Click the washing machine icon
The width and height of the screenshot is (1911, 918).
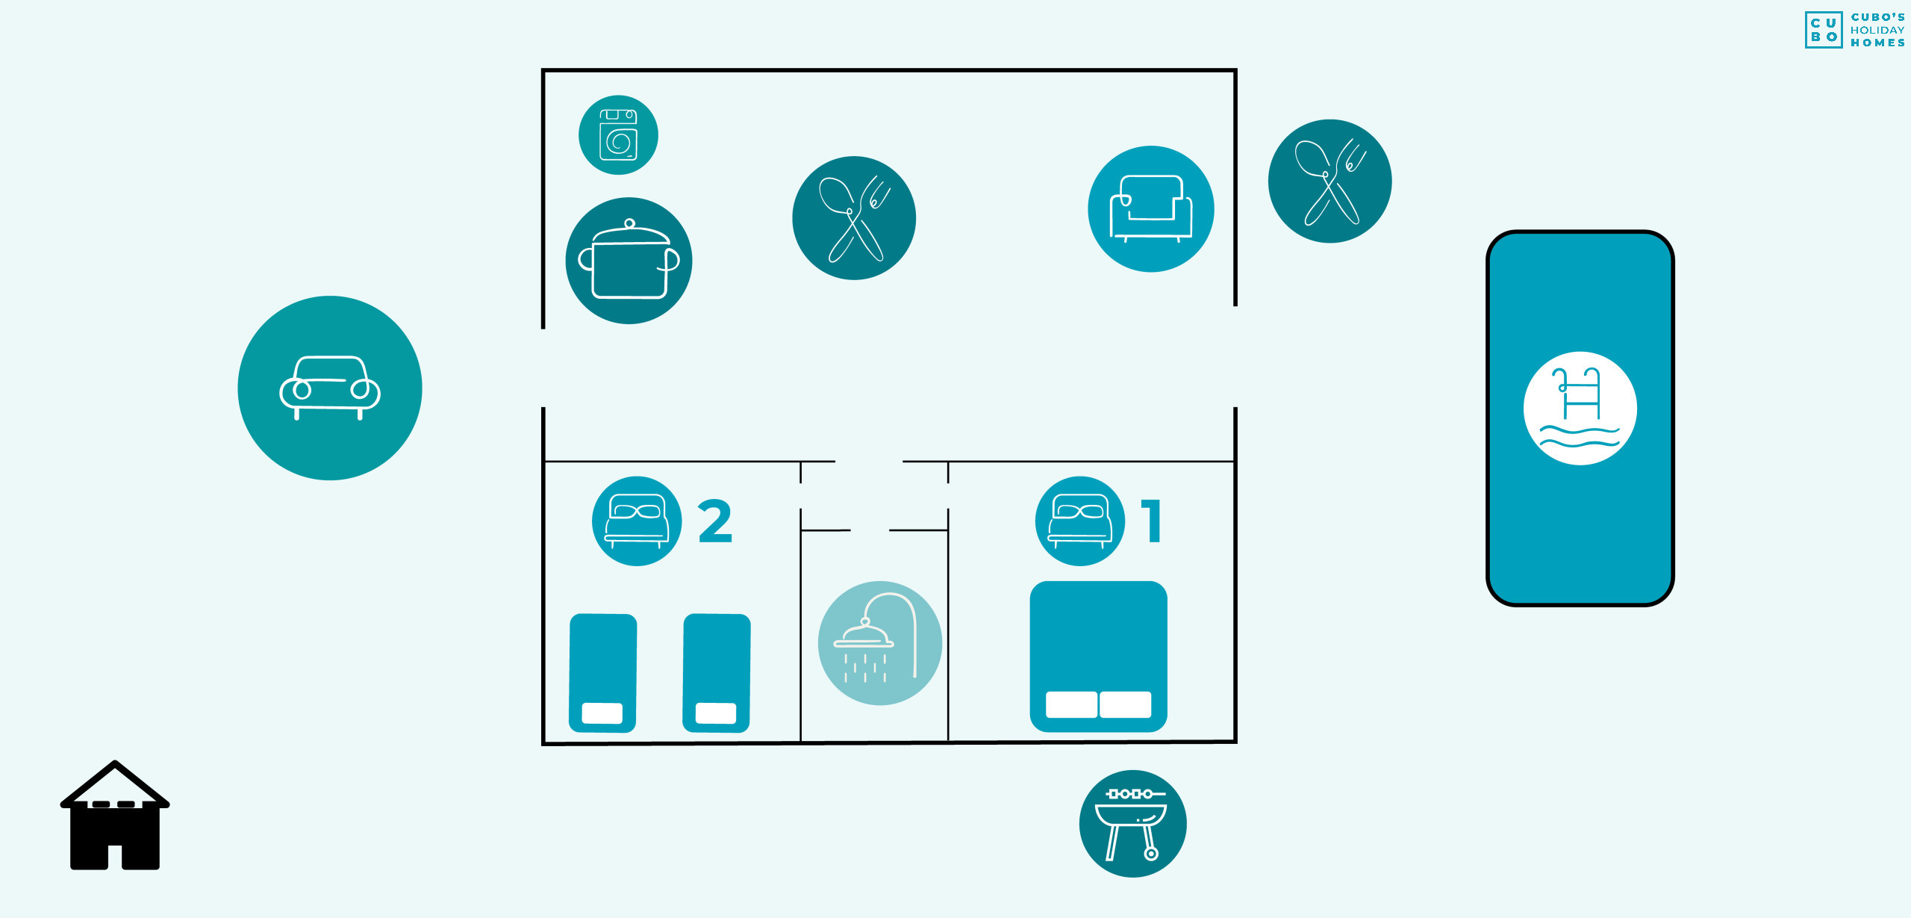(618, 135)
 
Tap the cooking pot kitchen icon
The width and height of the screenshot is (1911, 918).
(629, 261)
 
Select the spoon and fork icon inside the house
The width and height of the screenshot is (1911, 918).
(854, 218)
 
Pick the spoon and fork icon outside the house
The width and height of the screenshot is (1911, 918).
(1329, 181)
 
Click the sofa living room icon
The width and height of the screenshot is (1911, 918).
(1151, 209)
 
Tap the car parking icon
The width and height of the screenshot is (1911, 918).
(330, 388)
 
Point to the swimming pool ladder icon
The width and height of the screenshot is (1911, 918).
(1580, 409)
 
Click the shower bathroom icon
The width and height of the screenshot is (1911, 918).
(880, 643)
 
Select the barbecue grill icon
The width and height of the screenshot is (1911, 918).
(1133, 824)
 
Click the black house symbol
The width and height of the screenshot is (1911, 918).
(115, 816)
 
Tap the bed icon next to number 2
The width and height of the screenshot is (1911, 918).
(637, 521)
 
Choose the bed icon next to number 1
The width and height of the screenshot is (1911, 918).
(1080, 521)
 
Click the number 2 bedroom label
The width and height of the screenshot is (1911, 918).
(715, 521)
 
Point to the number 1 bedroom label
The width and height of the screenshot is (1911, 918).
(1152, 521)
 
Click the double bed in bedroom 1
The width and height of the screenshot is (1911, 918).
(1098, 657)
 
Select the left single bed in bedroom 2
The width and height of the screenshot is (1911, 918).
(602, 673)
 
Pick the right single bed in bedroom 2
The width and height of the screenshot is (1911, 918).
(717, 673)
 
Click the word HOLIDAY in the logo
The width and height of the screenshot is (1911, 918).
(1877, 31)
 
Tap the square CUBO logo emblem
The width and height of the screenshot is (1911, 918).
(1824, 30)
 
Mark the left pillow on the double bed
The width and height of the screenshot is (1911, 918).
(1071, 704)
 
